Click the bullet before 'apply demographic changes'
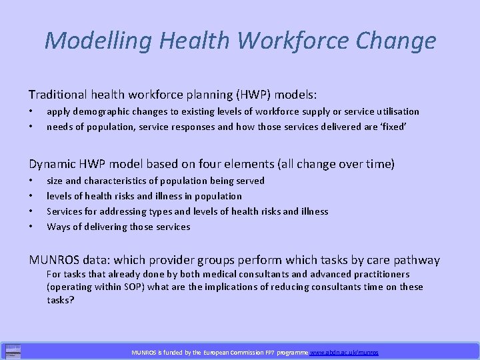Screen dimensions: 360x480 (31, 111)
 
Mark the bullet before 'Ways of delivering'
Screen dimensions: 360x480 (31, 227)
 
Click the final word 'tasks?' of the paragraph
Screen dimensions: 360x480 (61, 300)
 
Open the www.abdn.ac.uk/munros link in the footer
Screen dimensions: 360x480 (343, 352)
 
